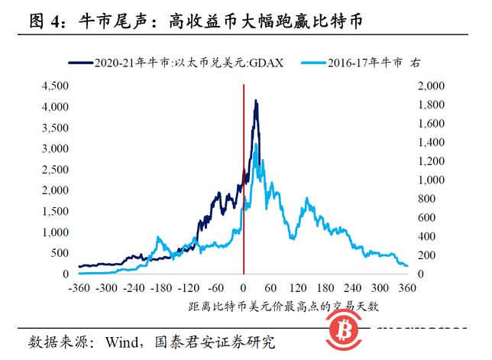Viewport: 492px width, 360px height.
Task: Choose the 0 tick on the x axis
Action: (x=244, y=288)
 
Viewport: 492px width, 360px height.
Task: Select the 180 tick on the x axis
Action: (x=326, y=288)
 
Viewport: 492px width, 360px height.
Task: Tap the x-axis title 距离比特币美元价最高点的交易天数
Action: (x=283, y=306)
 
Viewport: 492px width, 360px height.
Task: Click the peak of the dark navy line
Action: (x=256, y=100)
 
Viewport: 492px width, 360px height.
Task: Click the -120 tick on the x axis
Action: (x=189, y=288)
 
